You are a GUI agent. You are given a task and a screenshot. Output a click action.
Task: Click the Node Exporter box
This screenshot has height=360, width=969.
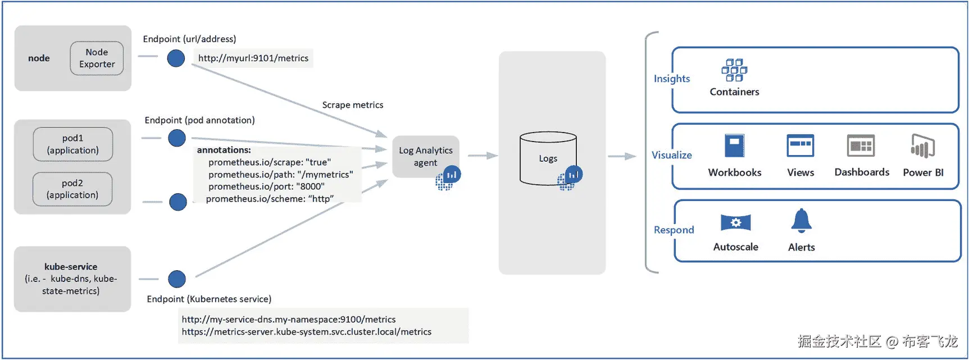pos(97,58)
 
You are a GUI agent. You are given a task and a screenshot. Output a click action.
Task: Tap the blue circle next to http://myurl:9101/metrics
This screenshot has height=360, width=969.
pos(176,58)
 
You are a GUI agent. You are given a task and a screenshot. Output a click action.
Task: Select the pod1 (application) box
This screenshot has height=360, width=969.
pos(73,144)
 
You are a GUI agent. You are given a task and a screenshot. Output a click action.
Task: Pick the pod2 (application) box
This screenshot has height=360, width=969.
pos(72,189)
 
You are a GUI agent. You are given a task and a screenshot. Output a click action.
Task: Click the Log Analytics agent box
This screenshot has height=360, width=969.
pos(425,157)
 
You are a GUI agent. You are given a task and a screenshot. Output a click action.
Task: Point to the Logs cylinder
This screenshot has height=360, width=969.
pos(548,158)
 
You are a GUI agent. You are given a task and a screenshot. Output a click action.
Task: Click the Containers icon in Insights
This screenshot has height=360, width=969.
pos(734,70)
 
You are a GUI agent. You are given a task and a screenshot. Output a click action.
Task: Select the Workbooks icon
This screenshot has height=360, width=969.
pos(734,146)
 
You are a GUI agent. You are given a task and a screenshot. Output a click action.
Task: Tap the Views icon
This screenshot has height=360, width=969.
pos(800,146)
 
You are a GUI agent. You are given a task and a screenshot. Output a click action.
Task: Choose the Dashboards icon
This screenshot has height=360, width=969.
pos(861,146)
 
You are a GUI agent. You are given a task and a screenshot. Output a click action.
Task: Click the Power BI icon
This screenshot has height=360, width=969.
pos(922,146)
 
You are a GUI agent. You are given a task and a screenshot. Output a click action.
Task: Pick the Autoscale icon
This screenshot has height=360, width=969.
pos(735,223)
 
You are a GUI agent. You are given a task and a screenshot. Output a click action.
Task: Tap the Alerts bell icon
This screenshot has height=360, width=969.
pos(801,221)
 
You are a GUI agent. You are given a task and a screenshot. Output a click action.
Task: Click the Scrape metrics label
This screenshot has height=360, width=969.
pos(353,105)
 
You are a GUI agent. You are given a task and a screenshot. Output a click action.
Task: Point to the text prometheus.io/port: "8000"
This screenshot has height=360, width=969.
pos(266,186)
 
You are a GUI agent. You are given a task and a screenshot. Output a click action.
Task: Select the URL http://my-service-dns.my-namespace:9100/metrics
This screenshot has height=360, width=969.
pos(289,320)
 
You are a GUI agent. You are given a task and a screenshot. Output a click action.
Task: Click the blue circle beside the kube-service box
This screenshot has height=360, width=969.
pos(177,279)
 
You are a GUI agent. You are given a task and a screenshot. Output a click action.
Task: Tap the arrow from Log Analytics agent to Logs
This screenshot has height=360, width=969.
pos(483,156)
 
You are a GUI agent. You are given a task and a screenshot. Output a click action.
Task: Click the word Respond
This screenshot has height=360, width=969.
pos(674,230)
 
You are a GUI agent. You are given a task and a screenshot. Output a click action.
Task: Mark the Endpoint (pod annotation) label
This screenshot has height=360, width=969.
pos(199,120)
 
